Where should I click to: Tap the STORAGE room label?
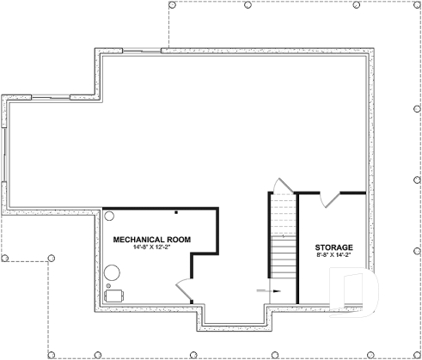333,247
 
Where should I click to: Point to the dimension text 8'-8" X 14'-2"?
333,256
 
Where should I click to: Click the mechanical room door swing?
183,289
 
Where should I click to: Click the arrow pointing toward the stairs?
267,292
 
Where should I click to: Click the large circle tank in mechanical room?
113,272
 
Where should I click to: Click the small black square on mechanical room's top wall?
176,211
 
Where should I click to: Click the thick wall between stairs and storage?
297,249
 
